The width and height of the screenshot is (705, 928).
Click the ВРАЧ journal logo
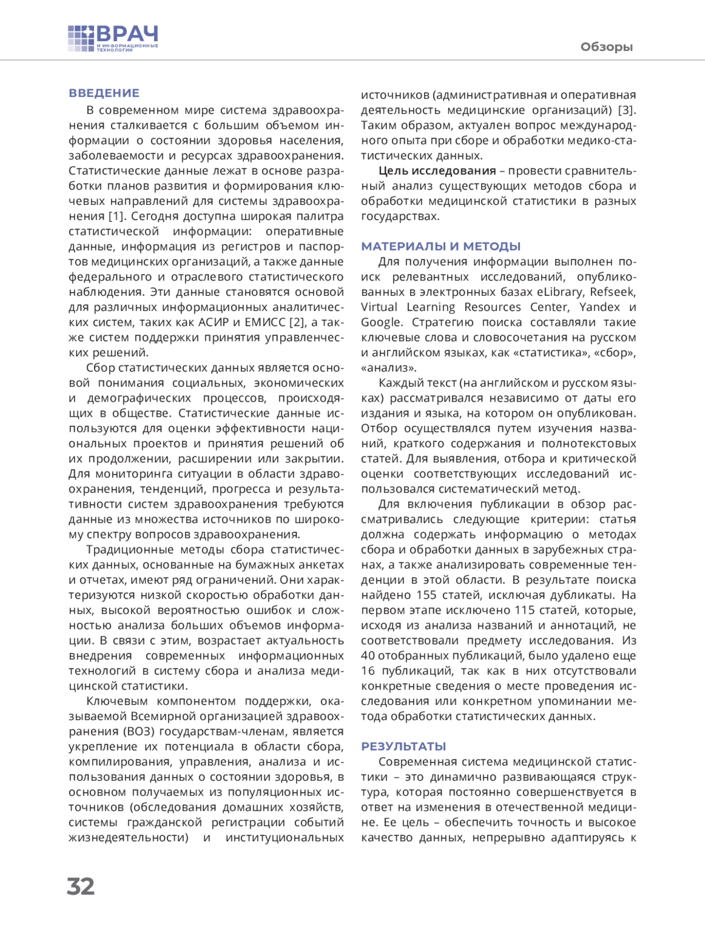coord(113,39)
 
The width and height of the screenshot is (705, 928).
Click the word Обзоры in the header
coord(606,47)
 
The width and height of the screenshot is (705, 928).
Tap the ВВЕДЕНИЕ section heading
coord(104,93)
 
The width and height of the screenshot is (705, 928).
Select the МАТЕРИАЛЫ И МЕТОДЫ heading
coord(441,247)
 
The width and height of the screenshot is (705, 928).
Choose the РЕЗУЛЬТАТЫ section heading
coord(404,747)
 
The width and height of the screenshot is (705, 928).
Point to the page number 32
coord(80,886)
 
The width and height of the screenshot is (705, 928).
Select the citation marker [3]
coord(626,110)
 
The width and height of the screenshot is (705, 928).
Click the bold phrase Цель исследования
coord(437,171)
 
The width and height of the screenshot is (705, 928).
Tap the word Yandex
coord(599,307)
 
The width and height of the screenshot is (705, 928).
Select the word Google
coord(381,322)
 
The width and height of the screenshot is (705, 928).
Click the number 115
coord(525,610)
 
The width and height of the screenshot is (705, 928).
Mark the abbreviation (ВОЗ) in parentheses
coord(139,731)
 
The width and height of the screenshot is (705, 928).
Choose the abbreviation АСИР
coord(215,322)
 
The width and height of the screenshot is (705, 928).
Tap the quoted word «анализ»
coord(388,368)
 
